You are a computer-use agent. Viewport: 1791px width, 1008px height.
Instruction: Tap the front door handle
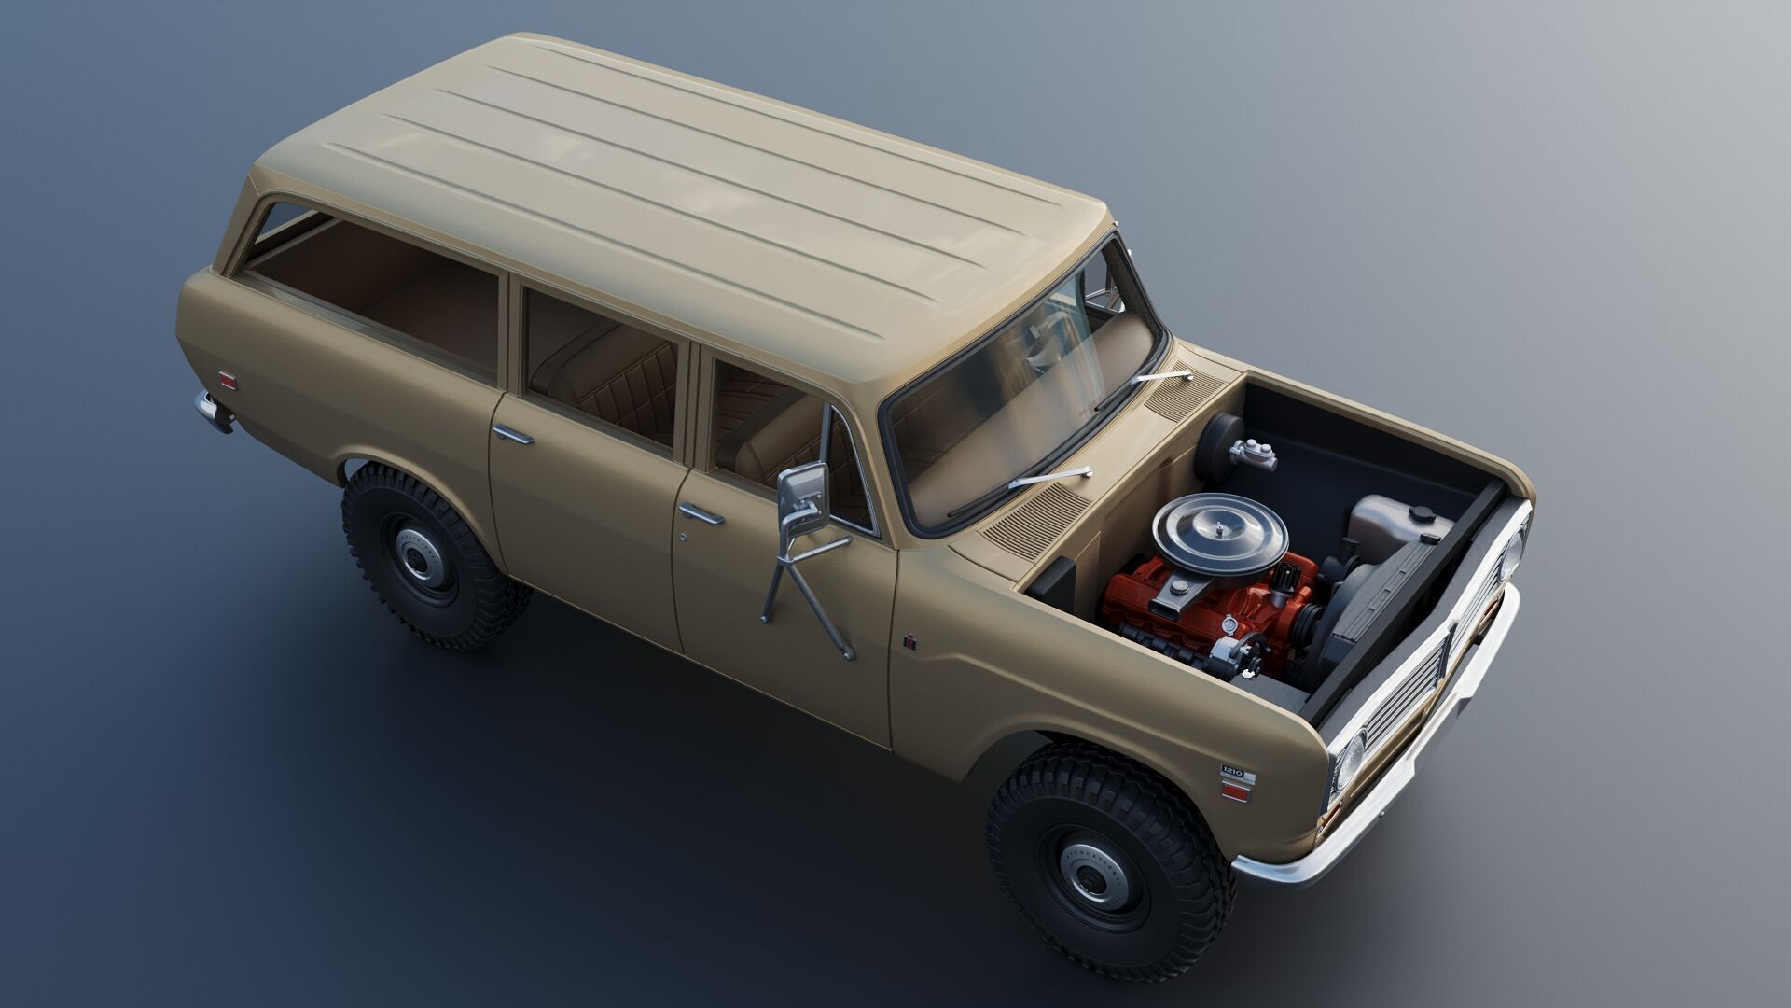click(x=701, y=514)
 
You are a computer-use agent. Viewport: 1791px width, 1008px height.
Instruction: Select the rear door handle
click(x=513, y=434)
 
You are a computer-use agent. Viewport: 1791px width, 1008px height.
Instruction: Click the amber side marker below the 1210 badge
click(x=1235, y=792)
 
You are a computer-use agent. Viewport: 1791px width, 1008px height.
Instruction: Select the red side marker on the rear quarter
click(x=228, y=382)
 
